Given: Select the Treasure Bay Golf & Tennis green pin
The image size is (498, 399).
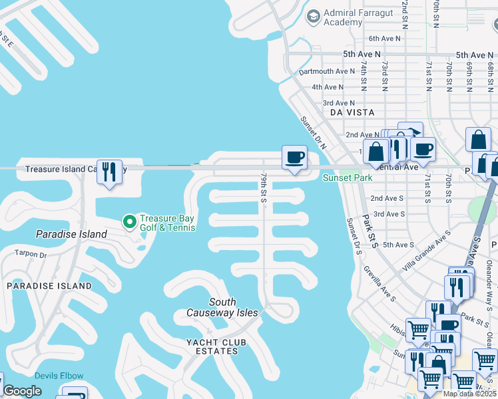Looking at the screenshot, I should pos(129,221).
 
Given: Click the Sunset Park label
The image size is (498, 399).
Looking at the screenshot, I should pos(348,178).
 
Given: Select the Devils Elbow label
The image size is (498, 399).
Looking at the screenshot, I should pos(59,376).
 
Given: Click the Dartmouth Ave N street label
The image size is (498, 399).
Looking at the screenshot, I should pos(327,71).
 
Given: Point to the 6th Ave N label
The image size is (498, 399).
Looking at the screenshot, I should pos(385,39).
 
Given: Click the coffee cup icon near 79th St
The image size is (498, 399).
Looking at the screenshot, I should pos(294,158).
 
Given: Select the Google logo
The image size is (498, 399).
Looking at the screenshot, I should pos(22,391).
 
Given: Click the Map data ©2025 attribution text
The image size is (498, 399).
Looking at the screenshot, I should pos(470,394).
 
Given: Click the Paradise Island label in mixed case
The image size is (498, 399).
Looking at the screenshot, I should pos(71,234).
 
